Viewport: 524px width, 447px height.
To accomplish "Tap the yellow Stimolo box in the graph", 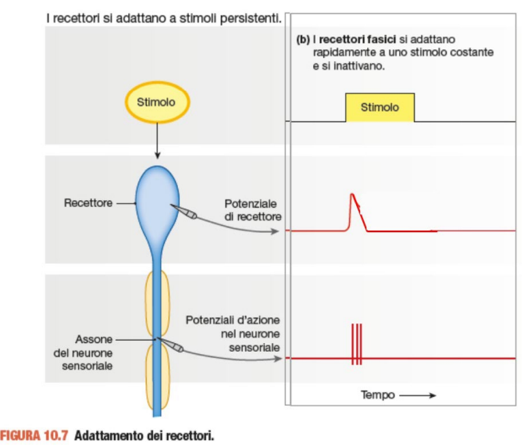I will click(380, 108).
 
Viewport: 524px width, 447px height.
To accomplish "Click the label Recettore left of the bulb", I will click(87, 203).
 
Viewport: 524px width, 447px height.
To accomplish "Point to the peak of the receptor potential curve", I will click(352, 194).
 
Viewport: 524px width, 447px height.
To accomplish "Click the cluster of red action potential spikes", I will click(356, 344).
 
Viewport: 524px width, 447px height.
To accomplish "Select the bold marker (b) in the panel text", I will click(303, 38).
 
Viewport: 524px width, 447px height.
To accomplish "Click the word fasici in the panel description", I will click(376, 38).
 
